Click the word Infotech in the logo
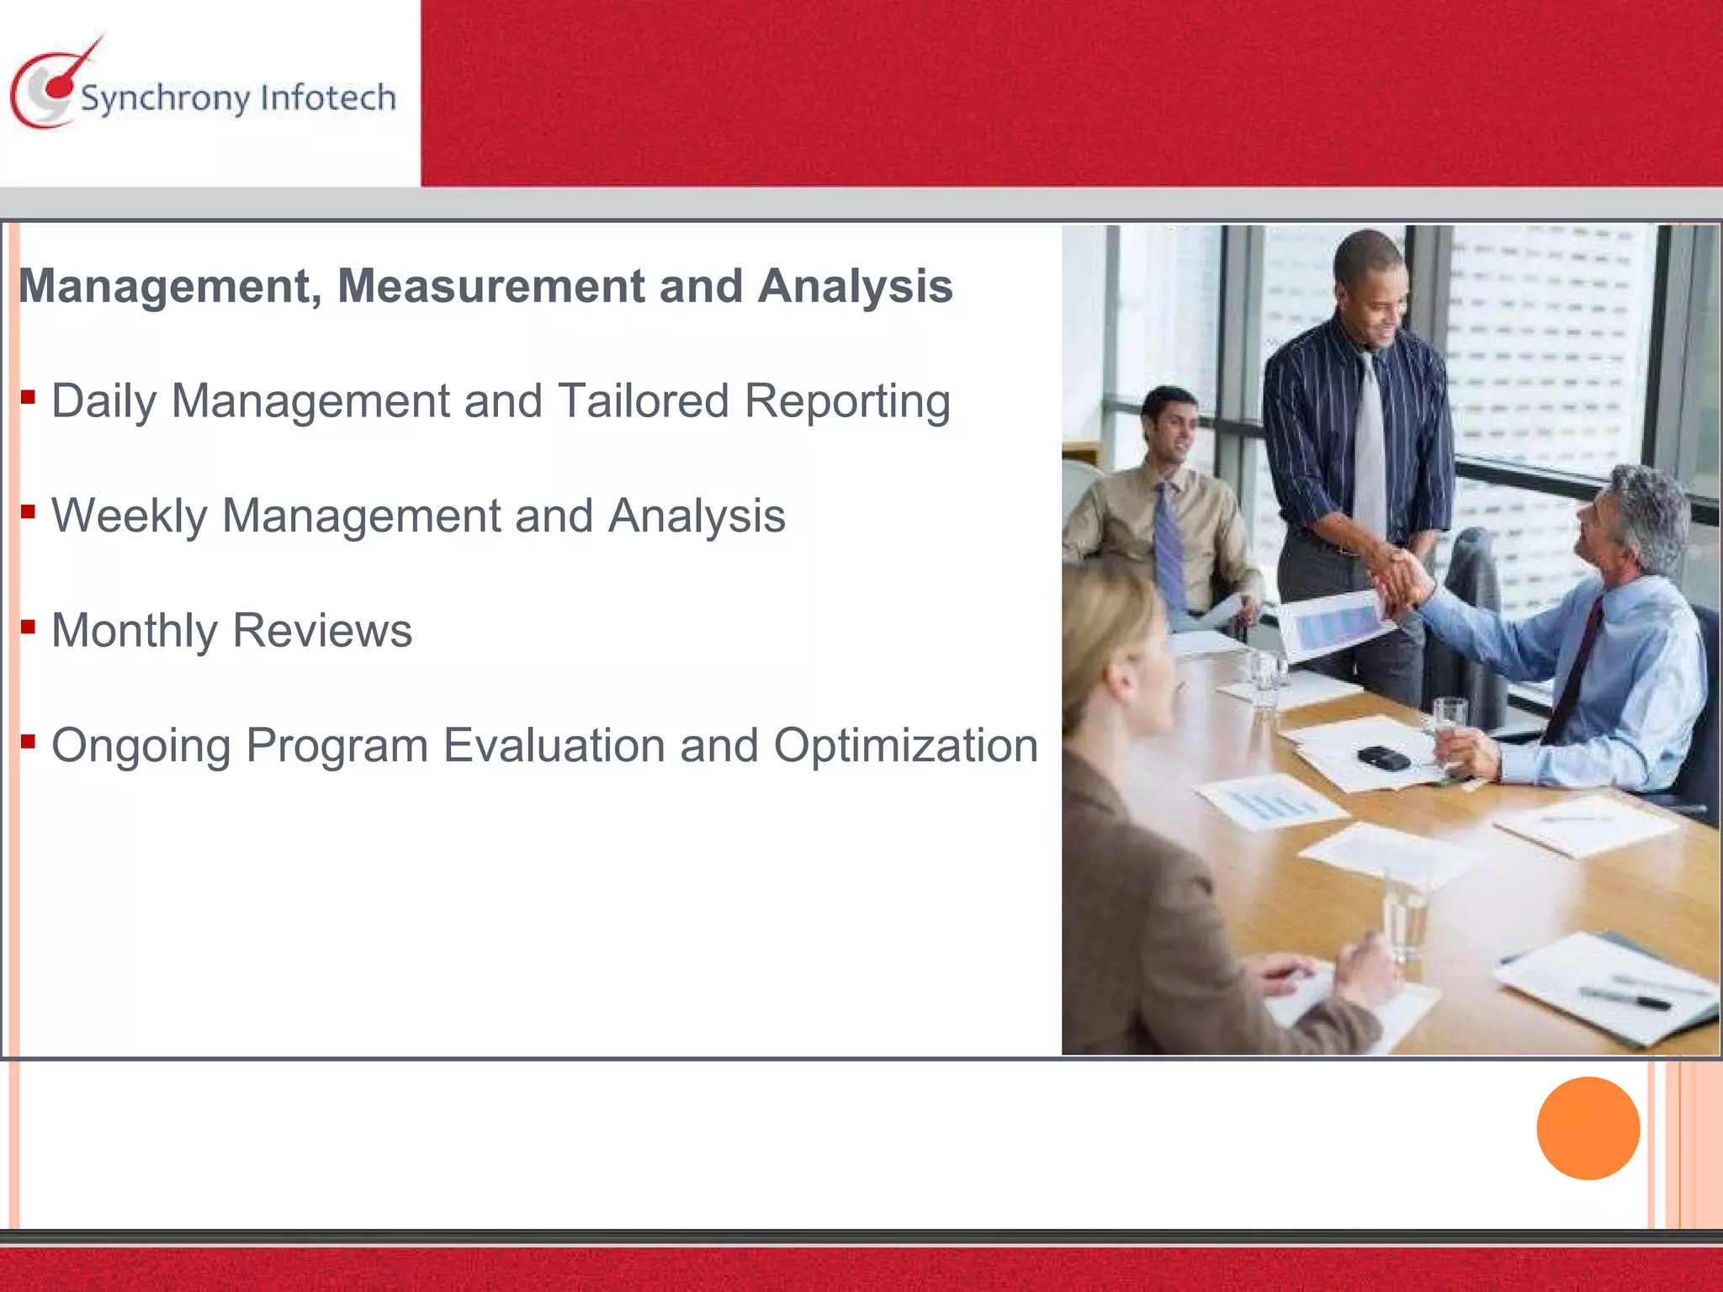[328, 98]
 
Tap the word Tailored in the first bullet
[643, 400]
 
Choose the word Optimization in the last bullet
[905, 745]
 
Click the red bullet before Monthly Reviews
[29, 626]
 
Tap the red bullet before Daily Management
[29, 396]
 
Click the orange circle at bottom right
[1588, 1128]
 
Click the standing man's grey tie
[1369, 446]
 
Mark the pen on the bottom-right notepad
[1624, 998]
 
